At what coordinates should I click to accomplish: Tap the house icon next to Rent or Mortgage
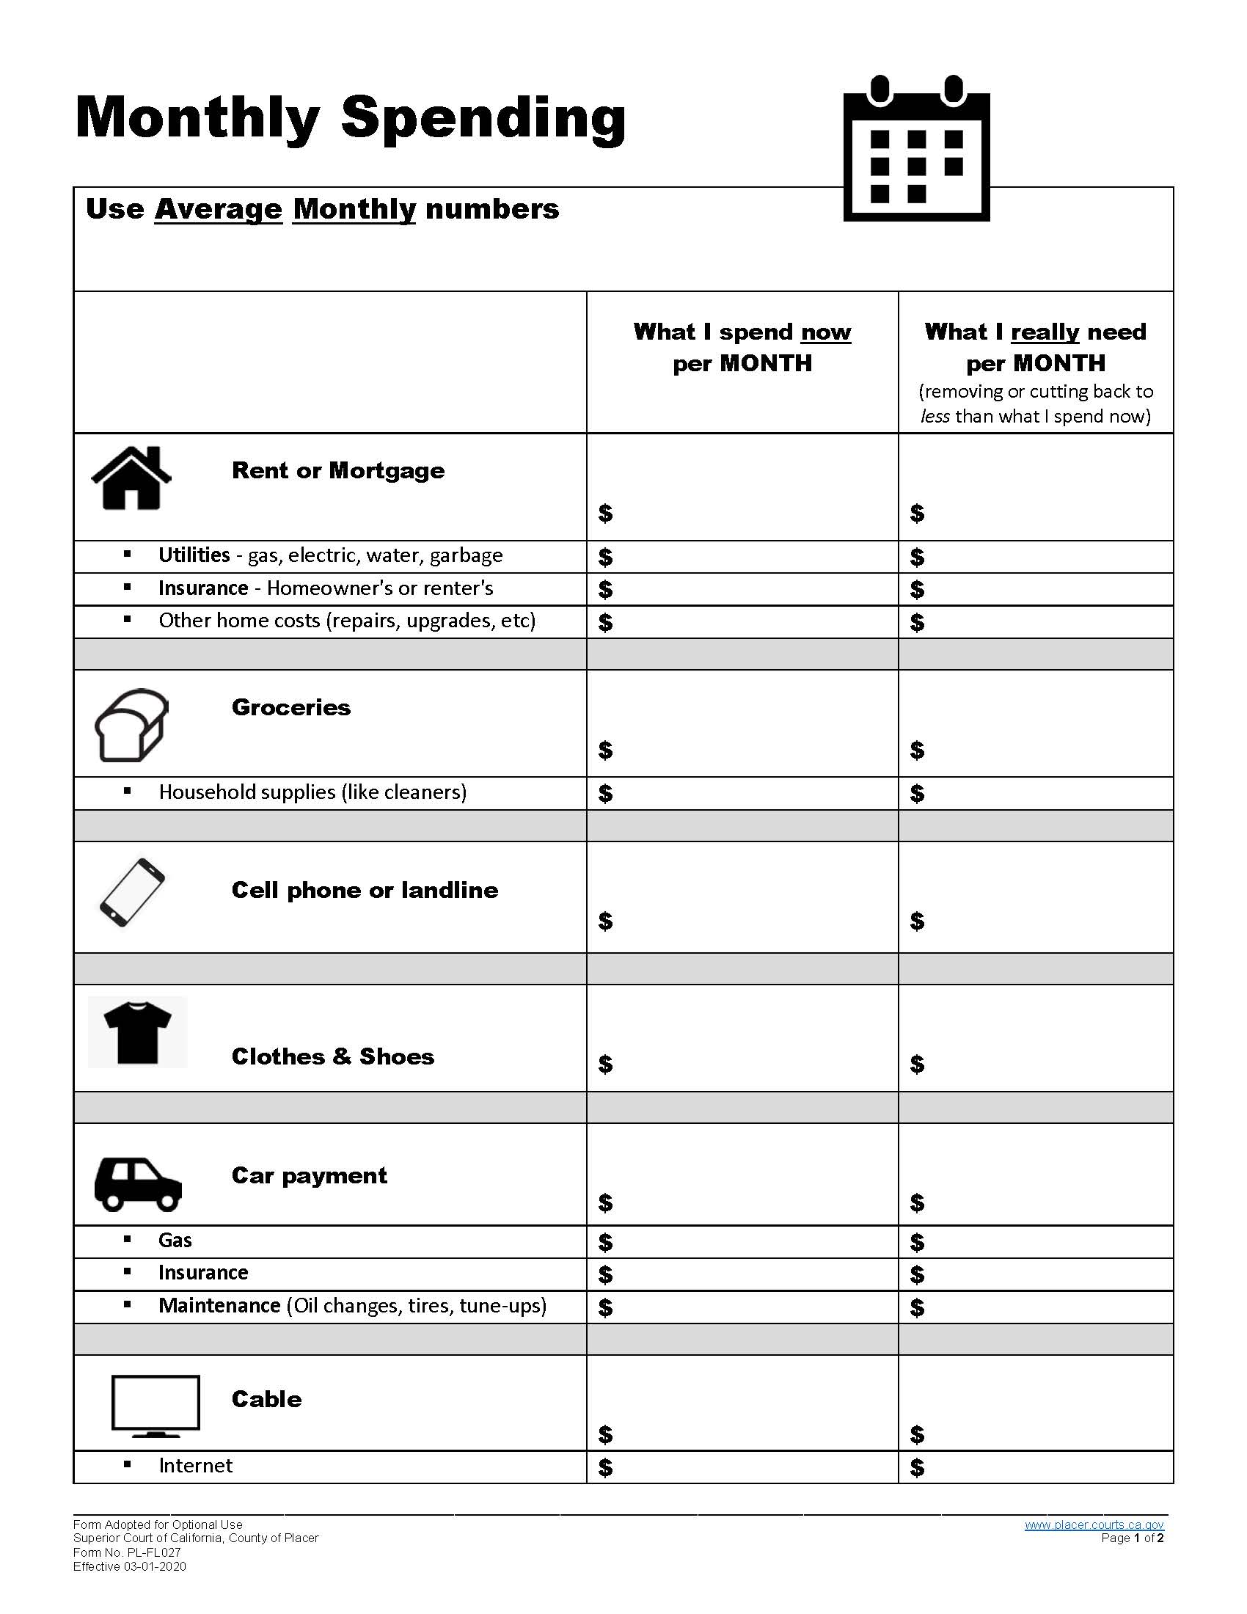click(131, 479)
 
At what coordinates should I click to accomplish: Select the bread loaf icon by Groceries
click(131, 725)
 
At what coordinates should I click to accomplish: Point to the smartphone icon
click(132, 892)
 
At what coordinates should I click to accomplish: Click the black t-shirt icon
click(137, 1032)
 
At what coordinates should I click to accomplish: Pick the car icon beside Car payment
click(137, 1184)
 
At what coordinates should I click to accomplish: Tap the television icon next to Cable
click(155, 1405)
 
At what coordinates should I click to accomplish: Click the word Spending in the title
click(483, 118)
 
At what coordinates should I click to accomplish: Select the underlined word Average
click(218, 209)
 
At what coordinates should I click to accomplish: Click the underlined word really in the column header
click(1045, 332)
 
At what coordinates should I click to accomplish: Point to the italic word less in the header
click(935, 416)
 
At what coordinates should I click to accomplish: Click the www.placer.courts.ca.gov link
click(1094, 1524)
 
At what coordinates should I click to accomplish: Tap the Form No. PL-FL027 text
click(126, 1552)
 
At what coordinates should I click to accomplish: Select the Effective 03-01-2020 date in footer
click(129, 1566)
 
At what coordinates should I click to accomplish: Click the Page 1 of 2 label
click(1132, 1538)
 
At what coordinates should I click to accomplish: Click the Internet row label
click(195, 1466)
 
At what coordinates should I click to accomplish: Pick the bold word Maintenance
click(219, 1305)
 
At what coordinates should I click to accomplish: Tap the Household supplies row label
click(312, 792)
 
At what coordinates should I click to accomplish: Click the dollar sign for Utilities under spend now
click(605, 558)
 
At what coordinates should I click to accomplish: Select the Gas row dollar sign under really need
click(917, 1242)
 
